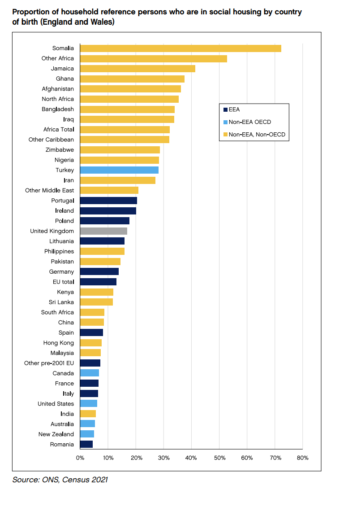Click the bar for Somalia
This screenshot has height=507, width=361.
coord(180,48)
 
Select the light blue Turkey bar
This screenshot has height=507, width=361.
coord(119,170)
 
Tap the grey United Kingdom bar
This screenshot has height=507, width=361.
coord(103,231)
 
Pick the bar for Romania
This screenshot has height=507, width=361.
coord(86,444)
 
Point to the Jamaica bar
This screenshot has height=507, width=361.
coord(138,69)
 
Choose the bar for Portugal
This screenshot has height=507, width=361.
coord(108,201)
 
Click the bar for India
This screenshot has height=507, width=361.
coord(88,414)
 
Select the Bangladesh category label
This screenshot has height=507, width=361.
coord(58,109)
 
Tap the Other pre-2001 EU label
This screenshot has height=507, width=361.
coord(49,363)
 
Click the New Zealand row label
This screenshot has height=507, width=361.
coord(56,434)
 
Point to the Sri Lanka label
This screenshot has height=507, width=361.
coord(61,302)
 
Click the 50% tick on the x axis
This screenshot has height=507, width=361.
coord(219,458)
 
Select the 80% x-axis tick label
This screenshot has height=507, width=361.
coord(303,458)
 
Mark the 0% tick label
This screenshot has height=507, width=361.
coord(80,458)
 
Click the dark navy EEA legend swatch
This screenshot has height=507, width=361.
coord(225,109)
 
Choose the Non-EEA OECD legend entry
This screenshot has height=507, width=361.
coord(249,122)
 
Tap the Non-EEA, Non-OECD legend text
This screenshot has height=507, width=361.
coord(257,134)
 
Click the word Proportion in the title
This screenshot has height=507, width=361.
coord(30,12)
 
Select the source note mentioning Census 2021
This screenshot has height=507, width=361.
coord(60,480)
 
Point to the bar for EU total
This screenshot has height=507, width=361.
coord(98,282)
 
